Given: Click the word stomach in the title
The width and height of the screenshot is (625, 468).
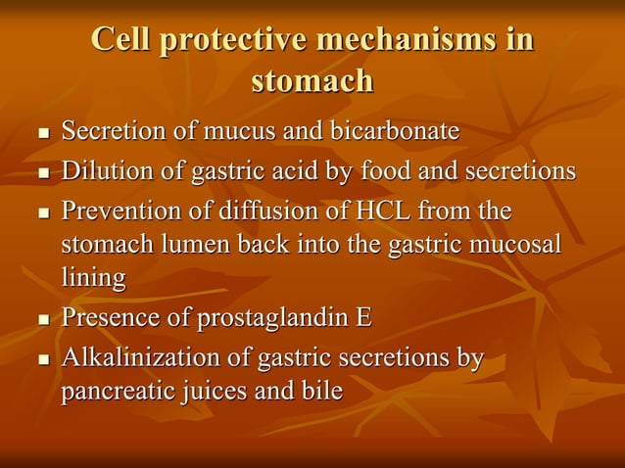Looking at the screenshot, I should click(x=312, y=80).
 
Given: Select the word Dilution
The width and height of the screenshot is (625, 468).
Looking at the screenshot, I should click(x=106, y=171).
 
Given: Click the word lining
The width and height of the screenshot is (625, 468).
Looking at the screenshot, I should click(x=94, y=278).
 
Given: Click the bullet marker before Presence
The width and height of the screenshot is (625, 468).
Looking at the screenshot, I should click(x=42, y=320).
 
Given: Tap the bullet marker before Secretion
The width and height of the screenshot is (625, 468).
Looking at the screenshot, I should click(x=42, y=131).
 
